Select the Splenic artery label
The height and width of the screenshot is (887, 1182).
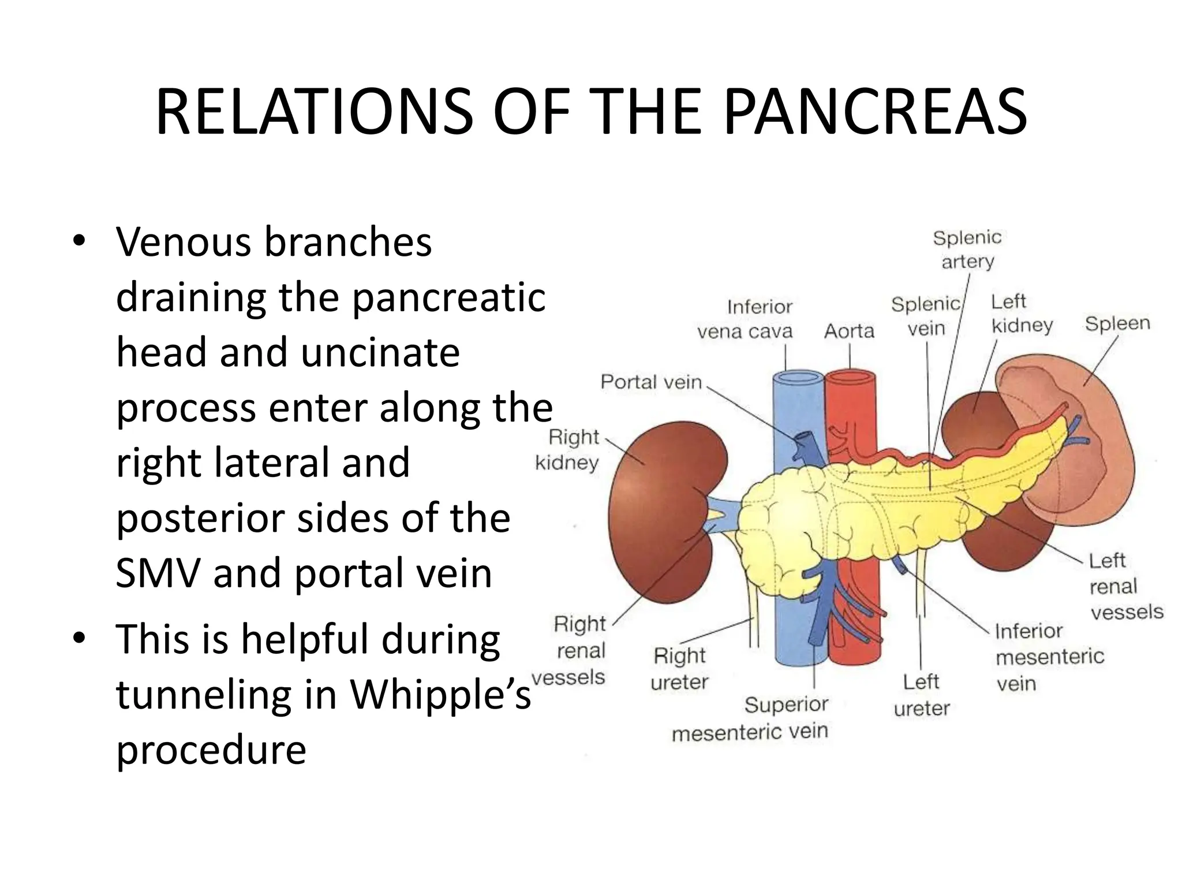pyautogui.click(x=967, y=249)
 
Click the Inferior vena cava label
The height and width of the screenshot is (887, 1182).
pyautogui.click(x=745, y=319)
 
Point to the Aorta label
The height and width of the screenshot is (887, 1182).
pyautogui.click(x=849, y=331)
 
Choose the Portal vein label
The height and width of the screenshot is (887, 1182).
pyautogui.click(x=651, y=382)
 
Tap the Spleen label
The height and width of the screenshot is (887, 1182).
pyautogui.click(x=1117, y=323)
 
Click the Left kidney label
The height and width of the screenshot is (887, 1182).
pyautogui.click(x=1022, y=314)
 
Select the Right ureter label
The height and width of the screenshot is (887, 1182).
pyautogui.click(x=679, y=669)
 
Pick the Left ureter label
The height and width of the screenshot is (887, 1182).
pyautogui.click(x=921, y=695)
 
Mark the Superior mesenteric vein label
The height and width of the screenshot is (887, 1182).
pyautogui.click(x=750, y=718)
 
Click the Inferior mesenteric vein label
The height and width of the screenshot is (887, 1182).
pyautogui.click(x=1049, y=657)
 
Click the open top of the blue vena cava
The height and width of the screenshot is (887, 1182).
pyautogui.click(x=798, y=378)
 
